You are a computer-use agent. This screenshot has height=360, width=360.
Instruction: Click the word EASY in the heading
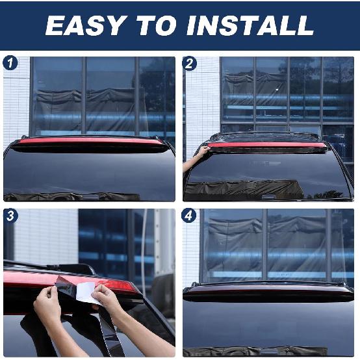(86, 25)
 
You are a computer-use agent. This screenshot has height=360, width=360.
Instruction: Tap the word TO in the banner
(157, 25)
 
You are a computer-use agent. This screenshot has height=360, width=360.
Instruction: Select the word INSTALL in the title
(250, 25)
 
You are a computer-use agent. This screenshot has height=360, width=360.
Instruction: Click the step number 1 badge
(11, 64)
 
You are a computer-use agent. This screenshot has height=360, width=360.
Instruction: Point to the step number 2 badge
(190, 64)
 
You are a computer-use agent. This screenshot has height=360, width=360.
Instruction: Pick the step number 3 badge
(11, 216)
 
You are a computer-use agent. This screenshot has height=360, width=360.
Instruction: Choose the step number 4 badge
(190, 216)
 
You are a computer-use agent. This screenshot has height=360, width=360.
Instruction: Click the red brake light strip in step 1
(90, 140)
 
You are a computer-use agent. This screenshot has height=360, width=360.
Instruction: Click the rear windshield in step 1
(89, 172)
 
